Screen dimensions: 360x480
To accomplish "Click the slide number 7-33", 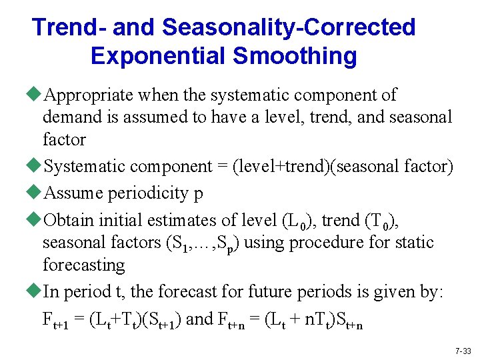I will click(x=463, y=350).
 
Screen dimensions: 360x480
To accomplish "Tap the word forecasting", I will click(x=83, y=265).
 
